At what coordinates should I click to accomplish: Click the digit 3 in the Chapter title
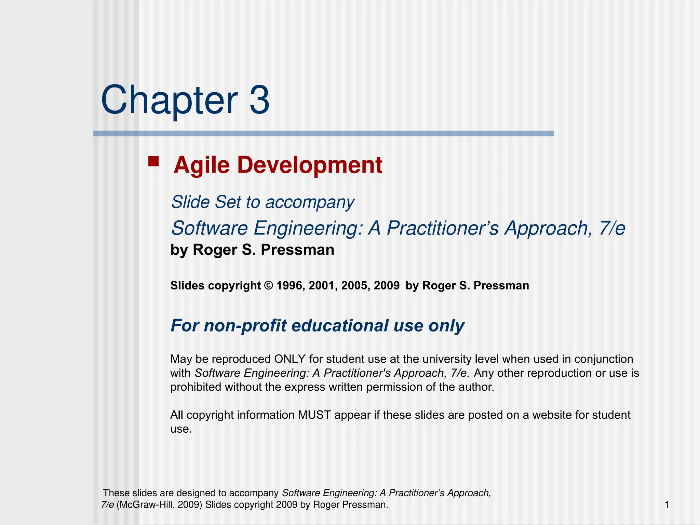[259, 100]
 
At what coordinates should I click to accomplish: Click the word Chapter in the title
[169, 100]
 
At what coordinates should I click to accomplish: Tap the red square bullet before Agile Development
[153, 161]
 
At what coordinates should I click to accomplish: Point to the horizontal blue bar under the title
[323, 134]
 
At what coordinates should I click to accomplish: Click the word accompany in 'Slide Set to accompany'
[310, 202]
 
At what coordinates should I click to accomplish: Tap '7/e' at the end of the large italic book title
[612, 228]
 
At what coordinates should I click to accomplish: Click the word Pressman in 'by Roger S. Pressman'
[297, 250]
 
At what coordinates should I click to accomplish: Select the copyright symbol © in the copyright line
[269, 285]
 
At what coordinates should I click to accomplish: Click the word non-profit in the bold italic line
[245, 325]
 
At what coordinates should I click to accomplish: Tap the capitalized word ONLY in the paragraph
[290, 359]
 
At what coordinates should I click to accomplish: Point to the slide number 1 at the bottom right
[667, 504]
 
